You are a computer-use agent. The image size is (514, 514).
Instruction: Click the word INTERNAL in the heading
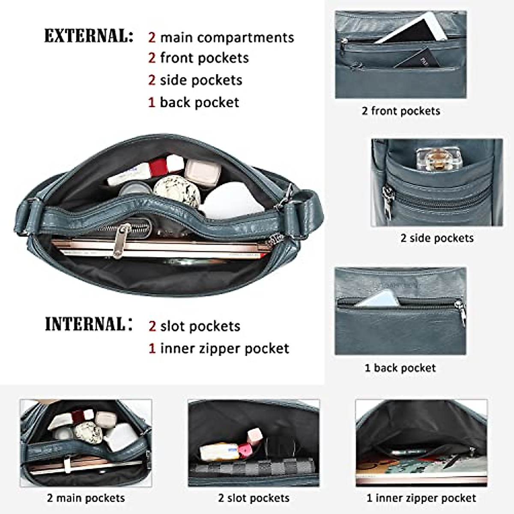(x=85, y=325)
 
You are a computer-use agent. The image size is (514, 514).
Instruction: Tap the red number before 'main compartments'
(x=152, y=38)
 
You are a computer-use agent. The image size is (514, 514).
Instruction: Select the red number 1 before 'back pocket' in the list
(x=152, y=103)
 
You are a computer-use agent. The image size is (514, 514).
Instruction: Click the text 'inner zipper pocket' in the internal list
(x=224, y=349)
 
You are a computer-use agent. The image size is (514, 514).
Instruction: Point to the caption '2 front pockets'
(x=400, y=111)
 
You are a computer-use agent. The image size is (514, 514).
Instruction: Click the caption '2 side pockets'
(x=436, y=238)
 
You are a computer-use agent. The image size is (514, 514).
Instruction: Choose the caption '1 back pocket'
(x=400, y=368)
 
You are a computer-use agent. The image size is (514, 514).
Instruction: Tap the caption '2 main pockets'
(x=86, y=498)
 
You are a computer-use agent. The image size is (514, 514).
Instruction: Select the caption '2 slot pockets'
(x=254, y=498)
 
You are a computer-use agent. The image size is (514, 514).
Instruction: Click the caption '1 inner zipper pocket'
(x=421, y=498)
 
